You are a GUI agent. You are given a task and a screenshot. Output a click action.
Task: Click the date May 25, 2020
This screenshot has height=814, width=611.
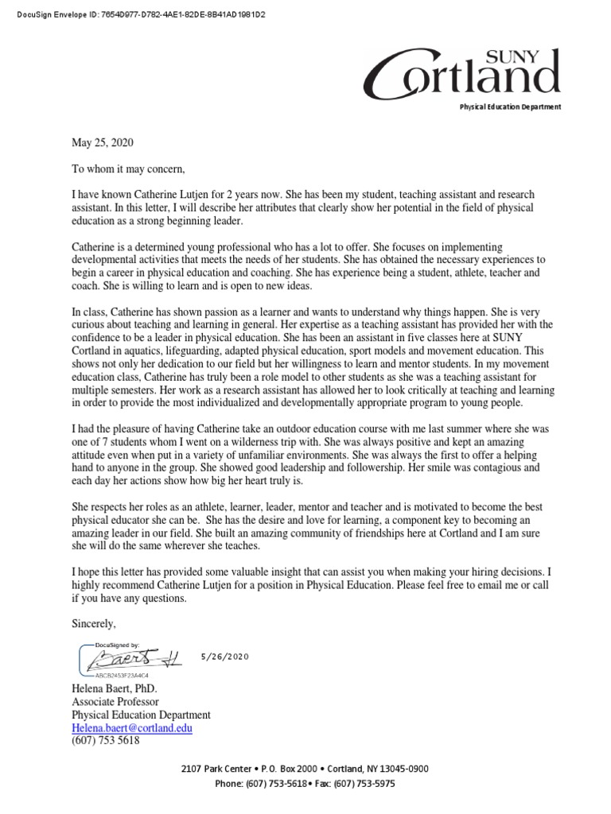click(103, 143)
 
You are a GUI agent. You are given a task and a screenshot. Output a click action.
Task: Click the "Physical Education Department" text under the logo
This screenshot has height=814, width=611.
click(509, 107)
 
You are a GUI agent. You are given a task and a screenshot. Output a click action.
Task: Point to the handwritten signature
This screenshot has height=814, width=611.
click(131, 657)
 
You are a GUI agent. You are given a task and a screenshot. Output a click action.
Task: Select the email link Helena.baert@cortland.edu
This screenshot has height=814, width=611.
click(131, 727)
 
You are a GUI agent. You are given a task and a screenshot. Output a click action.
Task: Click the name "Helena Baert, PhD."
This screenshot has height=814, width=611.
click(116, 689)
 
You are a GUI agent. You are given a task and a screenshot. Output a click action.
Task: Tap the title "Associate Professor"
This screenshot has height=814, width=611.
click(115, 702)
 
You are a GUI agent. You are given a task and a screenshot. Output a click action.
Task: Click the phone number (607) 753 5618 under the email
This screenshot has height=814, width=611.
click(105, 740)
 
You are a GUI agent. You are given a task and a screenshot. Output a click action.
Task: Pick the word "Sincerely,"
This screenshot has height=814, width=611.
click(94, 624)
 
